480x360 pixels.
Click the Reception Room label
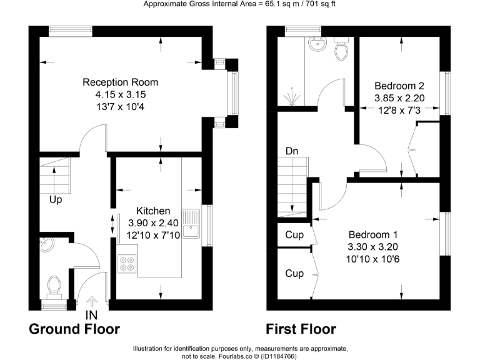[121, 82]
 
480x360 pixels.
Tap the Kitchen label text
[153, 211]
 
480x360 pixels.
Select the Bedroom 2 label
[399, 86]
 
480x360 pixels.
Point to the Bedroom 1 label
[373, 234]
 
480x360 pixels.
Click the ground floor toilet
[54, 286]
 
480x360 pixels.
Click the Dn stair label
[292, 151]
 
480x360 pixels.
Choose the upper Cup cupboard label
[294, 236]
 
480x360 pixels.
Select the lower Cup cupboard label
[294, 273]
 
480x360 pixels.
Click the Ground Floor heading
[74, 329]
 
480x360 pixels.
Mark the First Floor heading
[301, 329]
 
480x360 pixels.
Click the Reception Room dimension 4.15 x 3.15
[121, 94]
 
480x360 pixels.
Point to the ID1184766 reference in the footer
[277, 356]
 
